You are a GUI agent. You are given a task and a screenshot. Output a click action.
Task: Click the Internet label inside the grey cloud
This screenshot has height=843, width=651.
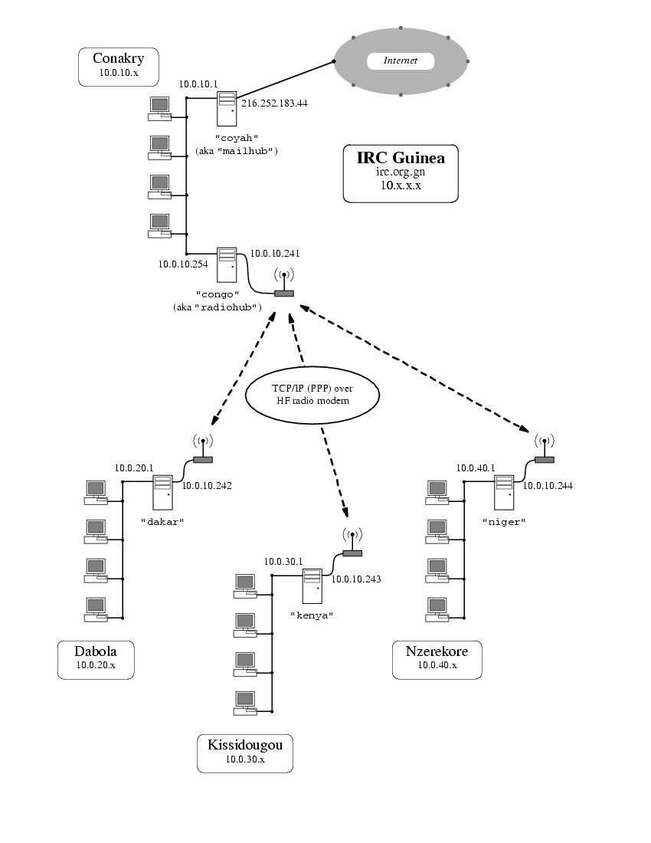tap(400, 61)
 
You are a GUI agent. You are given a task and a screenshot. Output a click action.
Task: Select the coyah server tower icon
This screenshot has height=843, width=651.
tap(227, 108)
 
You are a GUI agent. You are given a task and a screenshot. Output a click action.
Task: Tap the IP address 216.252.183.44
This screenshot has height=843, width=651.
tap(274, 103)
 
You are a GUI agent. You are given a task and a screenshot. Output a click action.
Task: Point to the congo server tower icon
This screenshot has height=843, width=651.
tap(227, 264)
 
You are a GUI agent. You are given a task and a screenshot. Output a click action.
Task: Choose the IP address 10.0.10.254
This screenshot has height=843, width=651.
tap(183, 264)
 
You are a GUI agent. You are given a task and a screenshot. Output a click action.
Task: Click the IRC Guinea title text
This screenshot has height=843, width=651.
tap(401, 158)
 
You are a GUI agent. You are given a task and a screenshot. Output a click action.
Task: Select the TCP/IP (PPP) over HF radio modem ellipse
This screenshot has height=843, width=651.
tap(312, 394)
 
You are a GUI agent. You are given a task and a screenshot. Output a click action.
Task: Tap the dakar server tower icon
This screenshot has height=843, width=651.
tap(162, 492)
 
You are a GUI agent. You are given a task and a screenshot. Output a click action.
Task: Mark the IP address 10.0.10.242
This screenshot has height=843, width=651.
tap(206, 485)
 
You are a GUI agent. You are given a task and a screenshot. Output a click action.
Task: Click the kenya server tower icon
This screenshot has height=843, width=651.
tap(312, 586)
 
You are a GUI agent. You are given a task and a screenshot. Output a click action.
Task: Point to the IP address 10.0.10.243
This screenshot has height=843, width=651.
tap(355, 579)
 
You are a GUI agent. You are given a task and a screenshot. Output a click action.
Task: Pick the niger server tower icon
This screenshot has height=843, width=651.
tap(503, 492)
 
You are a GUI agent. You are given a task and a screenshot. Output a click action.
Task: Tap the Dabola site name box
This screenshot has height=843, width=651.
tap(96, 659)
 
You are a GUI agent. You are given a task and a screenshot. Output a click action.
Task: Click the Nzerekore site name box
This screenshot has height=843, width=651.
tap(437, 659)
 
